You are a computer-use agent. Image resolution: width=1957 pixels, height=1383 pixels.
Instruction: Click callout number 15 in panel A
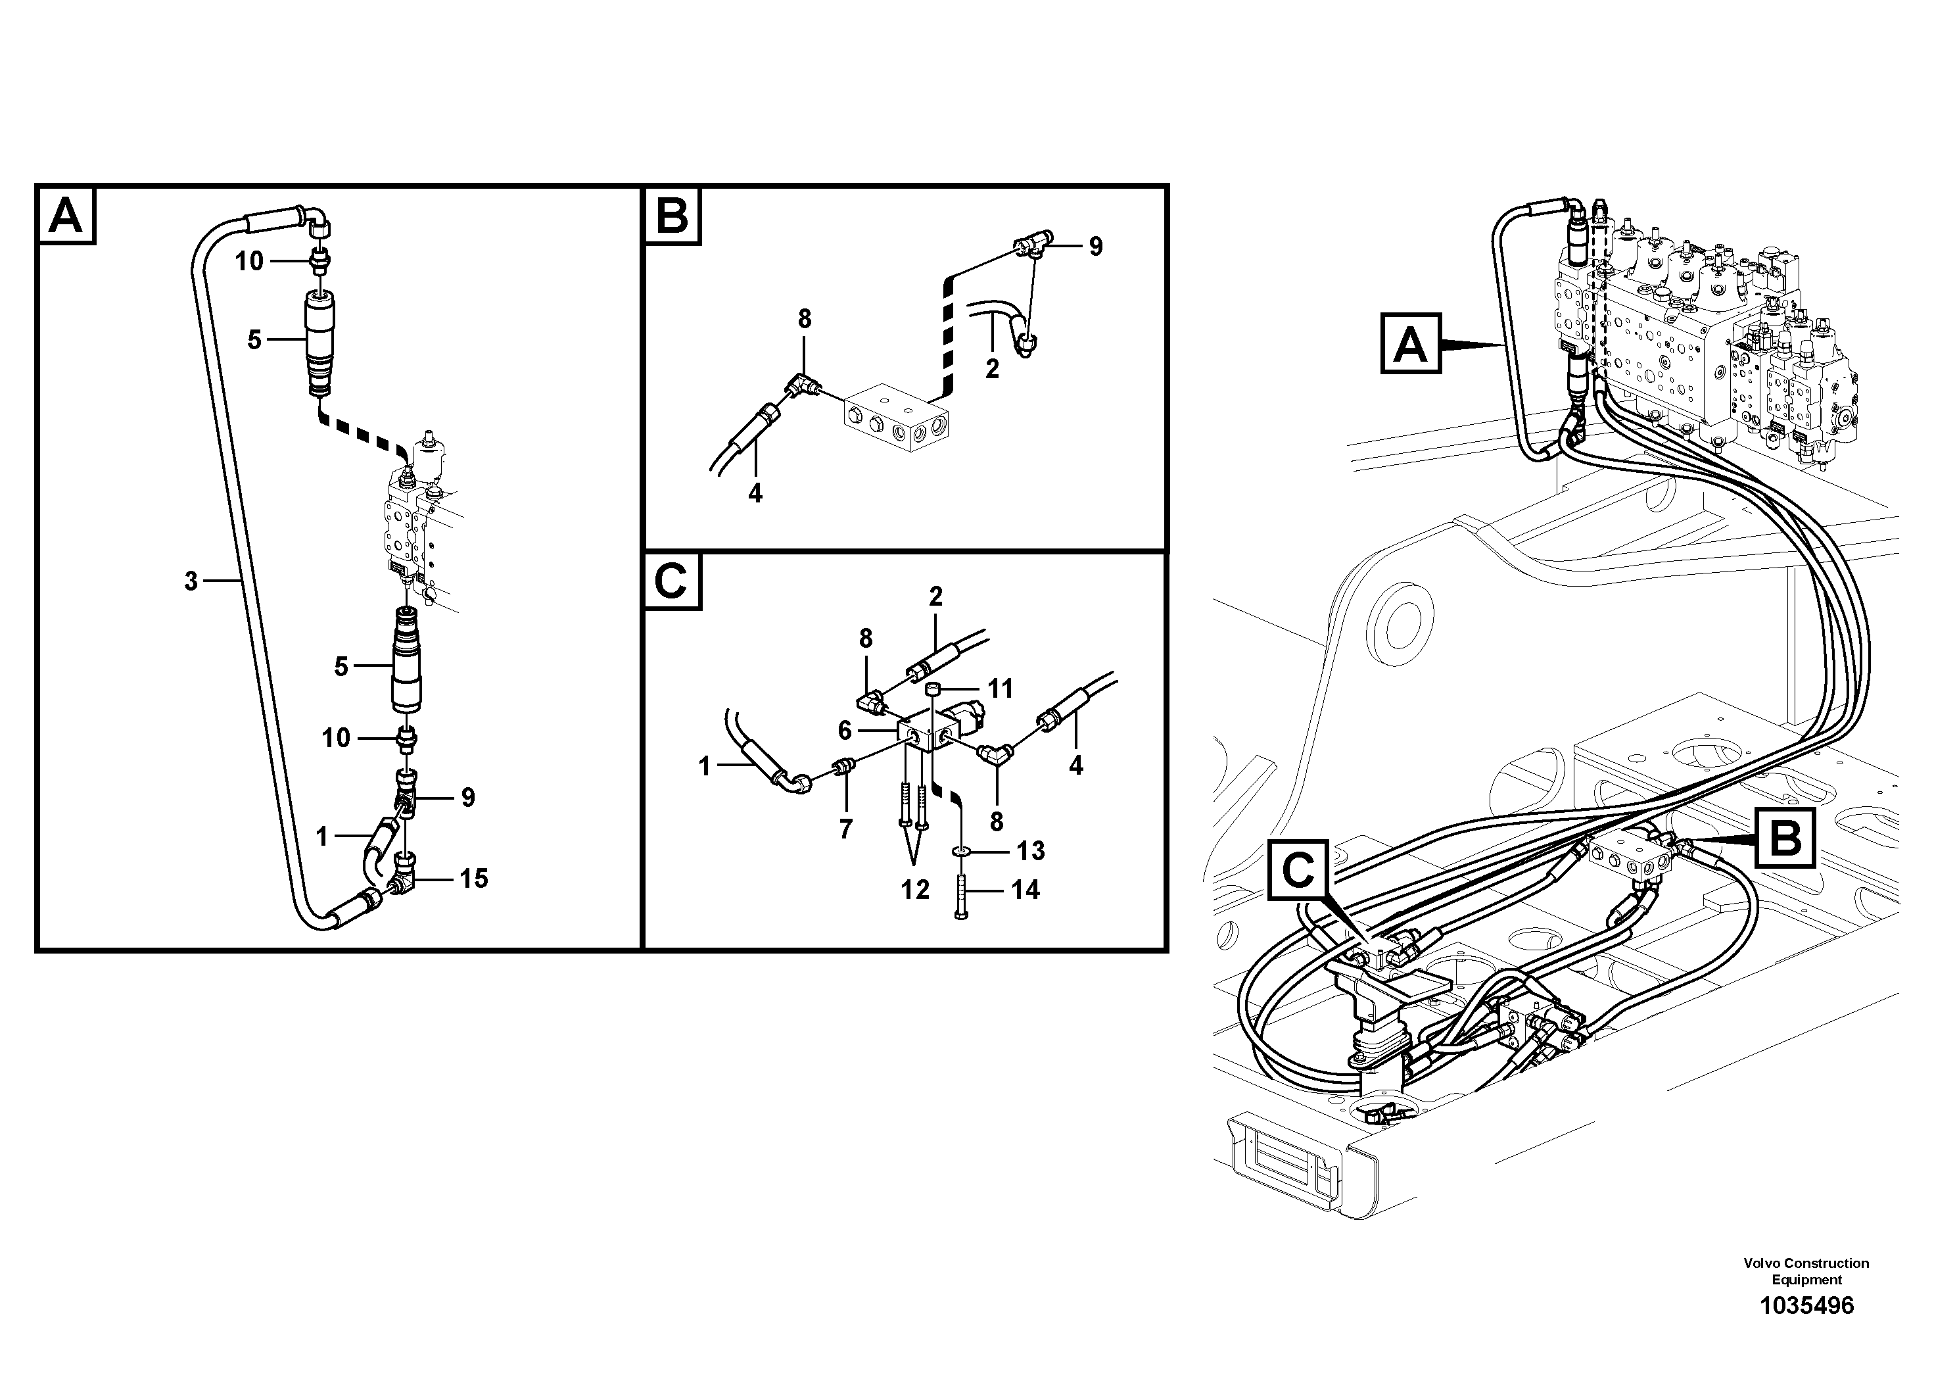click(474, 878)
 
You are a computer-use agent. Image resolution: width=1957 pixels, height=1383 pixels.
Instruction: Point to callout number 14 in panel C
click(1026, 890)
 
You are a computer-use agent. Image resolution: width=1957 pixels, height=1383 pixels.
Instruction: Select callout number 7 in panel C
click(845, 829)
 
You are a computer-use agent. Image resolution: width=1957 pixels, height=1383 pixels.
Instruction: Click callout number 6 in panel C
click(845, 731)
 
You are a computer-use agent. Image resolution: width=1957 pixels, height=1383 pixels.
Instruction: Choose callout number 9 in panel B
click(1095, 247)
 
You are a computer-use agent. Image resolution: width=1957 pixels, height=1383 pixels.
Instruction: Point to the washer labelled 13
click(962, 851)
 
